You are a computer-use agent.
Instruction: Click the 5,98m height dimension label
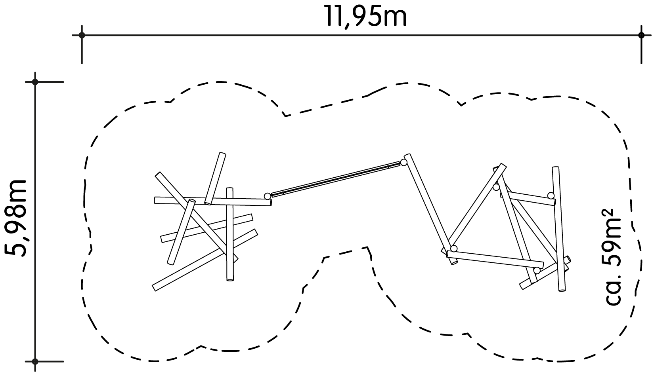[x=16, y=218]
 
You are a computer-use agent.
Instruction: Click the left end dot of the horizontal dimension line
[x=82, y=35]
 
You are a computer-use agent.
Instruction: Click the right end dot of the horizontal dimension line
[x=641, y=35]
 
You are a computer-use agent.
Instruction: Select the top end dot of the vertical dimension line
[x=35, y=82]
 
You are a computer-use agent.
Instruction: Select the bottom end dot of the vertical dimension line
[x=35, y=362]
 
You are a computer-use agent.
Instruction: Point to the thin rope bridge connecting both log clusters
[x=335, y=180]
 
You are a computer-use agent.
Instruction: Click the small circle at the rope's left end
[x=267, y=196]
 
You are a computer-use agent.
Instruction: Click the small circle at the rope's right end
[x=403, y=163]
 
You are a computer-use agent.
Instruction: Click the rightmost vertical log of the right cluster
[x=559, y=229]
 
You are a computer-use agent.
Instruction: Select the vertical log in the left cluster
[x=229, y=234]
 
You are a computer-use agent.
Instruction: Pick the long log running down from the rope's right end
[x=430, y=209]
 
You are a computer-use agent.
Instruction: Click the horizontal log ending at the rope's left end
[x=213, y=201]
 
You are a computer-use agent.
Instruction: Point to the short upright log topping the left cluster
[x=215, y=178]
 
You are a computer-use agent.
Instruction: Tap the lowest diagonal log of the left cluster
[x=205, y=260]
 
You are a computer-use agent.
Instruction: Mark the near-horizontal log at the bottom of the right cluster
[x=495, y=260]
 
